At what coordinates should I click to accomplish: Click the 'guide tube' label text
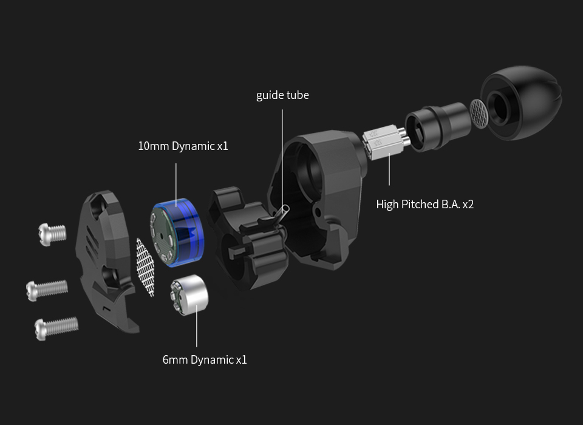(x=282, y=95)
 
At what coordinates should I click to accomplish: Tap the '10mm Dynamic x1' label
(x=183, y=146)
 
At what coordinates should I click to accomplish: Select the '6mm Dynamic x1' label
(x=205, y=359)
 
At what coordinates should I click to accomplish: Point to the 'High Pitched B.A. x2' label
(x=424, y=204)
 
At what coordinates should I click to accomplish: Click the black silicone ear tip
(x=523, y=103)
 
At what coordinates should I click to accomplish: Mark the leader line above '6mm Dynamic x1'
(x=197, y=331)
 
